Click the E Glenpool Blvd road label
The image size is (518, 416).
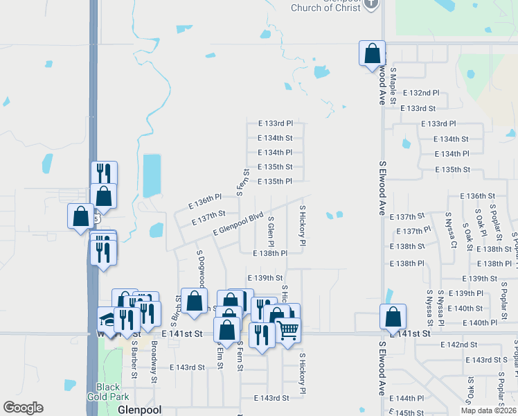(x=239, y=223)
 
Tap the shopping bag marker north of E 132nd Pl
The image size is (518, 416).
(x=372, y=53)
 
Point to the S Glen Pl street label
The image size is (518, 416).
(x=271, y=232)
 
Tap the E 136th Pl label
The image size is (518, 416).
(x=205, y=200)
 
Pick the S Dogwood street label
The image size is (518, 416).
(x=201, y=268)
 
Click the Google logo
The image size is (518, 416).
(x=23, y=408)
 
